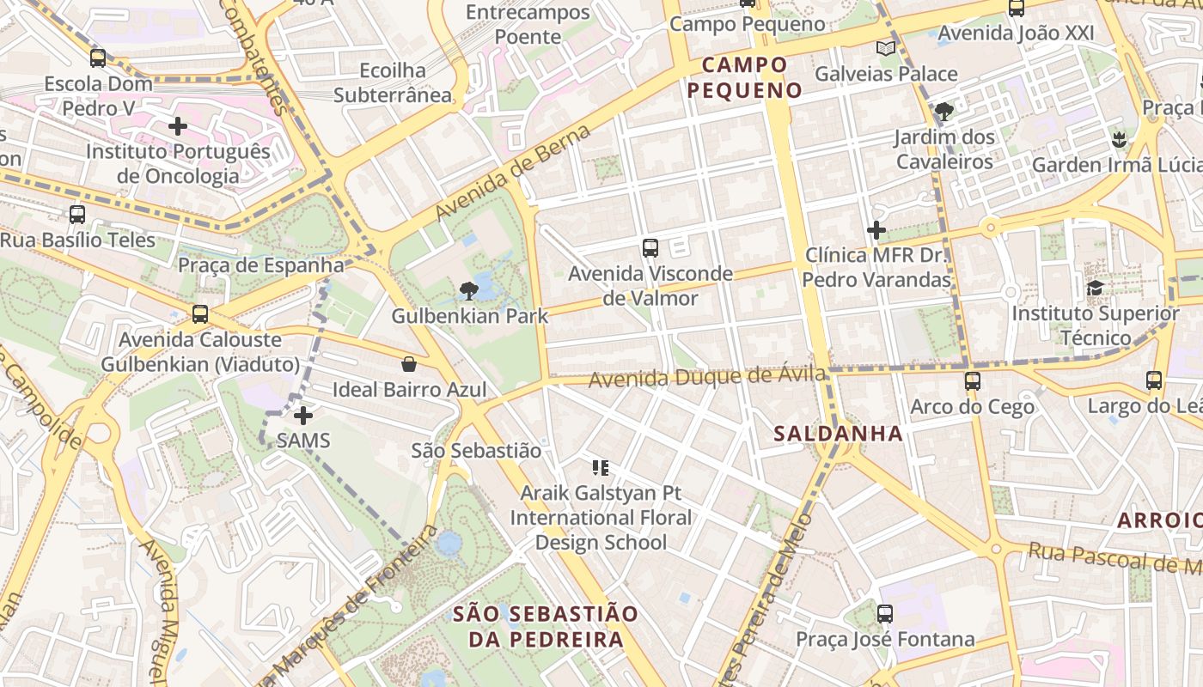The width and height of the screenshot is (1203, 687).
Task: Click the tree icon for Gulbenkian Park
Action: click(469, 290)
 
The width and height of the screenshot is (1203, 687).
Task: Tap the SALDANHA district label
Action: click(838, 434)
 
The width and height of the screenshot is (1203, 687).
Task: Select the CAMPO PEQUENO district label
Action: click(745, 77)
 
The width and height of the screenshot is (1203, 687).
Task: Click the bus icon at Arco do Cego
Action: click(972, 380)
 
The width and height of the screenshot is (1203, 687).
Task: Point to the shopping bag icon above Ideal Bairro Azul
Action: click(409, 364)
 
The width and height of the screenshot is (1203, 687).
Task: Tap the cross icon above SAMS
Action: click(302, 416)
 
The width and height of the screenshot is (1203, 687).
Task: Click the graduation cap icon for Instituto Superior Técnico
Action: click(1095, 288)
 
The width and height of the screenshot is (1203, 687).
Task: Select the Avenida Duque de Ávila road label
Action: click(707, 376)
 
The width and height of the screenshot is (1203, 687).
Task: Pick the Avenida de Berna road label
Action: click(514, 172)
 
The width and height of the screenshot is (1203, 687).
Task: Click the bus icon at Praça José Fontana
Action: click(885, 614)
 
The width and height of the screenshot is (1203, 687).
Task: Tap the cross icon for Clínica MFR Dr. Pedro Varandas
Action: click(876, 230)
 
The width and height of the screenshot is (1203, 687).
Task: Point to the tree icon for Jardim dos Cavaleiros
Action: click(943, 111)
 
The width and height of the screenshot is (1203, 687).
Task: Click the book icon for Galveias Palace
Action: click(885, 48)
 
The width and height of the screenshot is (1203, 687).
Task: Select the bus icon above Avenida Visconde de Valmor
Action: click(650, 248)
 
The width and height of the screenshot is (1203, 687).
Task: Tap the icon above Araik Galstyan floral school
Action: click(601, 468)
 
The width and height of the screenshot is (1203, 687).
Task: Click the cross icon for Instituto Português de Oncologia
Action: click(178, 126)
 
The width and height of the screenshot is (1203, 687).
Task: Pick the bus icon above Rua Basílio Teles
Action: click(77, 214)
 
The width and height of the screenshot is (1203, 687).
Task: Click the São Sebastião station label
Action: click(476, 450)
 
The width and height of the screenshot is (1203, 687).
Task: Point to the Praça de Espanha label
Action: click(261, 264)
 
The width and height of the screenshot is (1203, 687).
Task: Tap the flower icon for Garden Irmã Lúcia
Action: click(1118, 138)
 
